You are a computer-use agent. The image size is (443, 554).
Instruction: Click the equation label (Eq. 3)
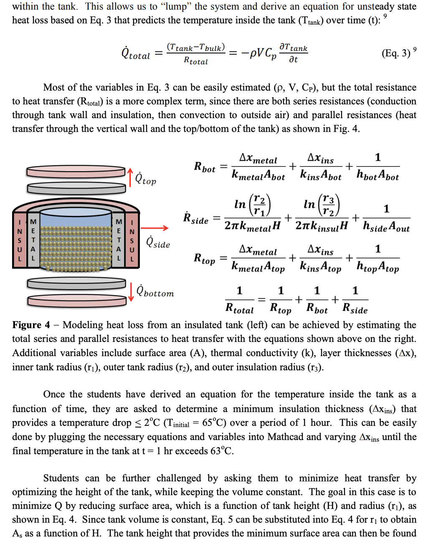(x=396, y=53)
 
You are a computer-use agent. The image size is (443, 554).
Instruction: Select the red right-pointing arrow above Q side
(x=154, y=228)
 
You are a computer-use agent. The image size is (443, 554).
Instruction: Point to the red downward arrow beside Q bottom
(x=131, y=292)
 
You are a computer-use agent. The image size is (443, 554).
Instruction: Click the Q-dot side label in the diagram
(x=158, y=243)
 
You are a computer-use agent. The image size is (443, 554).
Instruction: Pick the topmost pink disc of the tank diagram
(x=76, y=172)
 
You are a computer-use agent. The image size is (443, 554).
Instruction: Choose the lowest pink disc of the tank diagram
(x=76, y=301)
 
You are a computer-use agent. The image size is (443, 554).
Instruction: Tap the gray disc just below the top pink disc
(x=76, y=188)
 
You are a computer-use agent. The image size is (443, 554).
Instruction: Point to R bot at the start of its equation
(x=205, y=167)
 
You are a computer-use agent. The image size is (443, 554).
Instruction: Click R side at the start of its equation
(x=196, y=219)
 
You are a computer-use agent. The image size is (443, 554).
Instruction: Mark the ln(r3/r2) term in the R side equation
(x=321, y=205)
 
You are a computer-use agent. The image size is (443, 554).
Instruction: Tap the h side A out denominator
(x=386, y=227)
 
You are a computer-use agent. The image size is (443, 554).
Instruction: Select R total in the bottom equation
(x=239, y=309)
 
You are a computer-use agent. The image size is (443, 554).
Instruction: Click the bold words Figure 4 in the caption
(x=31, y=325)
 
